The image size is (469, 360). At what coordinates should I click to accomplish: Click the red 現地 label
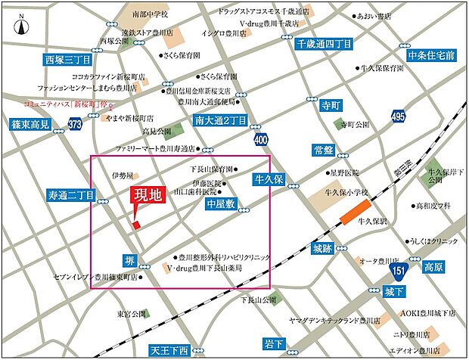tap(148, 195)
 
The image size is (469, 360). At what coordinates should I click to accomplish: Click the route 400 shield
tap(261, 139)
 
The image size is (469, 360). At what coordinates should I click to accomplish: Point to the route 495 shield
tap(399, 115)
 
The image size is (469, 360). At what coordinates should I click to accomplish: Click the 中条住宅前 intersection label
tap(431, 55)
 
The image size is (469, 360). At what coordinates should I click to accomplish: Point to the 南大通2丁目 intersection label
tap(220, 120)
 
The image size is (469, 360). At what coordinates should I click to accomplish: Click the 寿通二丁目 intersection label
tap(70, 194)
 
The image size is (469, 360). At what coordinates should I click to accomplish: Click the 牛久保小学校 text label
tap(346, 194)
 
